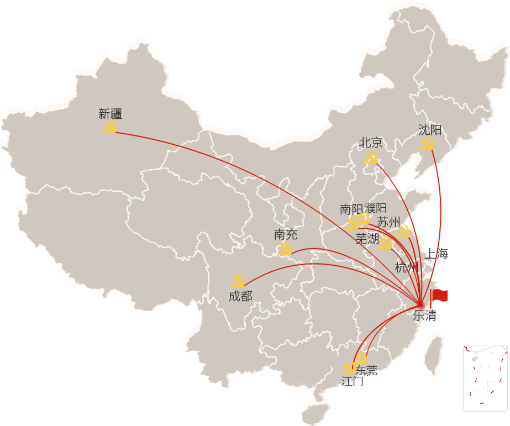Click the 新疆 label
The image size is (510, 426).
pos(110,114)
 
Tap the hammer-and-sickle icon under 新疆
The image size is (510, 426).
pos(109,128)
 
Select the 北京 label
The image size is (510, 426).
pos(370,142)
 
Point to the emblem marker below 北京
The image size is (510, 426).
pos(371,159)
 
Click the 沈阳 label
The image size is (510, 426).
pos(429,130)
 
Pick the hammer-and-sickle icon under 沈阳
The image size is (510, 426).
pos(427,145)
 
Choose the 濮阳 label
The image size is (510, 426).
pos(376,208)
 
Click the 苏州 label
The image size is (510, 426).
pos(388,222)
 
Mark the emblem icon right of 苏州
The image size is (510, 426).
pos(403,231)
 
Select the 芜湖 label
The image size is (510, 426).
pos(367,239)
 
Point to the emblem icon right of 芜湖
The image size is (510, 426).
pos(385,243)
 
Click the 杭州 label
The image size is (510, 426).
pos(406,268)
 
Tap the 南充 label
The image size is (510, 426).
pos(286,235)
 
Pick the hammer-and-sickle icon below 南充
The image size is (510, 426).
pos(285,249)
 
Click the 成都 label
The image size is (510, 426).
pos(240,296)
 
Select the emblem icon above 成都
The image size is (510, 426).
pos(238,281)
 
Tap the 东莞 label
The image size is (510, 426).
pos(366,370)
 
